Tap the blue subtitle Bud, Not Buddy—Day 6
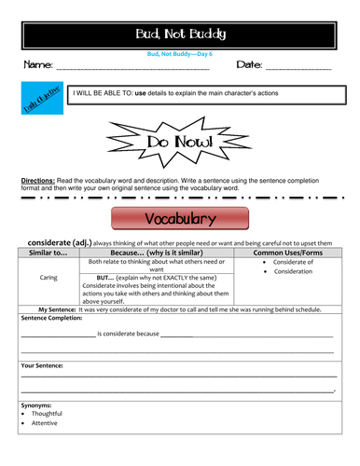(179, 53)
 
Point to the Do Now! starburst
(179, 141)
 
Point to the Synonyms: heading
(37, 405)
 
